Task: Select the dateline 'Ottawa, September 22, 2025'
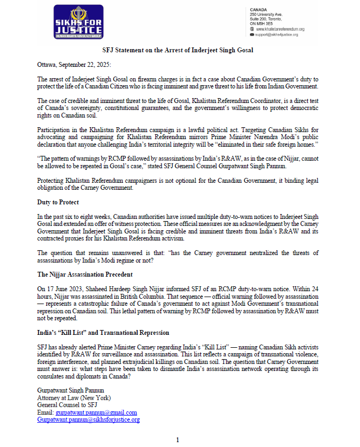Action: click(x=74, y=65)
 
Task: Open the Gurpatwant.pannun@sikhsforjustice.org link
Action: click(x=89, y=420)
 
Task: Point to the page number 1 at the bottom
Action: click(x=178, y=440)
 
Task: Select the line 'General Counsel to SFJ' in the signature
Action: click(x=67, y=405)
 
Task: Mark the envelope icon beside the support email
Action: click(x=252, y=34)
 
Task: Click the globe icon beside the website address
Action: click(x=252, y=29)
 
